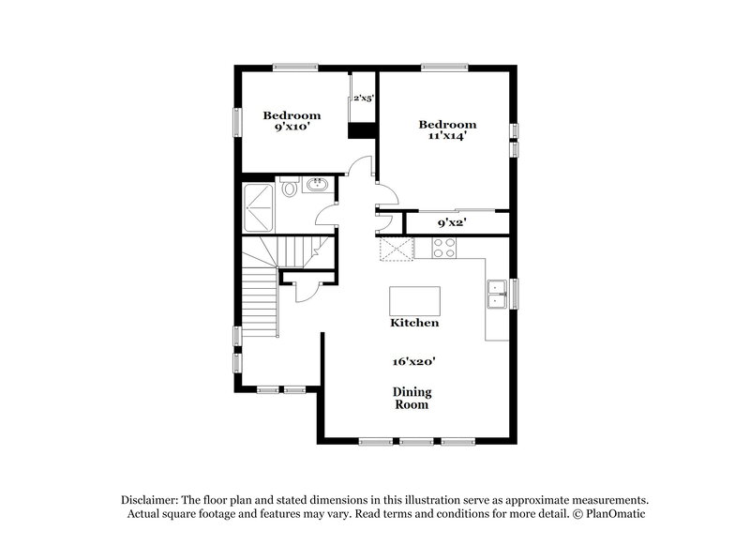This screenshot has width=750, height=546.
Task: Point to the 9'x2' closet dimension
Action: pyautogui.click(x=452, y=223)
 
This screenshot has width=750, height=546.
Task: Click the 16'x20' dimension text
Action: pyautogui.click(x=413, y=360)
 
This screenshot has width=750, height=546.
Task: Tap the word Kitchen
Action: pyautogui.click(x=414, y=323)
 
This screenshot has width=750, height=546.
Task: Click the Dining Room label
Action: pyautogui.click(x=412, y=399)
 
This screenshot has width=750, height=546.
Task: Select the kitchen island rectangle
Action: pyautogui.click(x=414, y=300)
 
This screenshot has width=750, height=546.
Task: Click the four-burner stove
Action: pyautogui.click(x=444, y=249)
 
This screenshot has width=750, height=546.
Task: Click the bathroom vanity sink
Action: pyautogui.click(x=316, y=185)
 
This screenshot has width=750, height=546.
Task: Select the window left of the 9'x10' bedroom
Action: pyautogui.click(x=238, y=124)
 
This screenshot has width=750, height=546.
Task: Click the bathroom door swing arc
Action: pyautogui.click(x=323, y=214)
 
